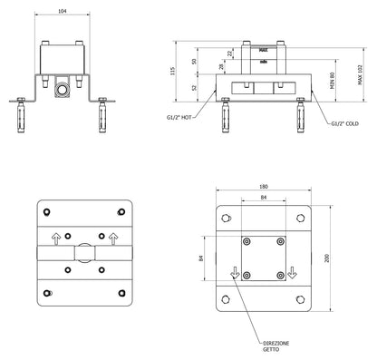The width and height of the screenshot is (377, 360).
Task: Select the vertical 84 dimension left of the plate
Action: pyautogui.click(x=200, y=257)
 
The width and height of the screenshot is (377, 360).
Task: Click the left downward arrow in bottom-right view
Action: pyautogui.click(x=235, y=272)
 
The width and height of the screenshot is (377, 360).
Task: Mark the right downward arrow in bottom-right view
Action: pyautogui.click(x=293, y=272)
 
